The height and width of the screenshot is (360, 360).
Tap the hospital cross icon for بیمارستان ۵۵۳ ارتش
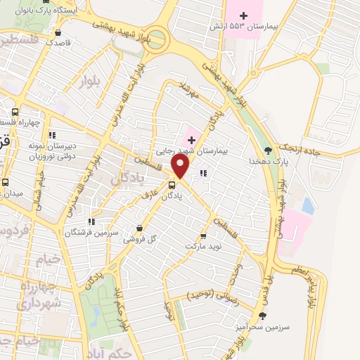click(245, 15)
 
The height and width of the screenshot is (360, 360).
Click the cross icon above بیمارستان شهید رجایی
click(191, 140)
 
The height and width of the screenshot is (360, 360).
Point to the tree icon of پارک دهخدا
click(267, 150)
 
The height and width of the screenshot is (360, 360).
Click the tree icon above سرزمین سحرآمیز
click(263, 316)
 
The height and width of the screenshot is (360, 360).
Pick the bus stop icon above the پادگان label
click(173, 186)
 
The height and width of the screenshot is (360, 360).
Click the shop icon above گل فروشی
click(139, 228)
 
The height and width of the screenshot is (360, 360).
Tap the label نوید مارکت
click(202, 247)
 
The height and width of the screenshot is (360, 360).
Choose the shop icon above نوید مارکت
click(203, 236)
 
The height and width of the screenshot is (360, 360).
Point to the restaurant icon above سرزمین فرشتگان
click(91, 221)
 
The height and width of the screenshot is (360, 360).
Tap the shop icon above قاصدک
click(57, 32)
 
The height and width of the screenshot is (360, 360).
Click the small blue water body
click(307, 205)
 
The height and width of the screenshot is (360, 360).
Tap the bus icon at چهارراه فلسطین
click(15, 111)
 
